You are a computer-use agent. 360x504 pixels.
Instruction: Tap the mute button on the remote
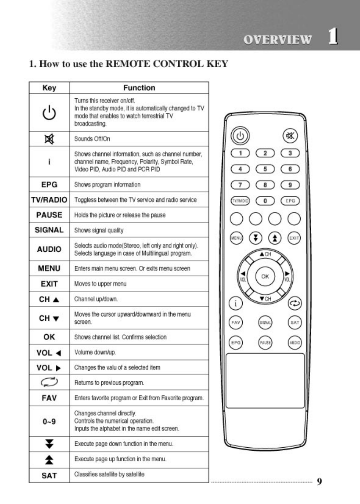tap(290, 136)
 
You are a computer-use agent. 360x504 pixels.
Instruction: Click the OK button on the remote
tap(265, 276)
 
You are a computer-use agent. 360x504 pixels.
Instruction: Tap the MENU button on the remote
tap(235, 238)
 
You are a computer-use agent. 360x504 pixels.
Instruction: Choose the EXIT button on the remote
tap(294, 238)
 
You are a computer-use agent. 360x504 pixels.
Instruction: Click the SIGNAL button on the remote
tap(265, 322)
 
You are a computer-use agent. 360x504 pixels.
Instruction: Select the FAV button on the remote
tap(235, 322)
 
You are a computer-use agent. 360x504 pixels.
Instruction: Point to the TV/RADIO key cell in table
tap(49, 200)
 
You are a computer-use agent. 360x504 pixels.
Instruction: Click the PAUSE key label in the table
tap(49, 215)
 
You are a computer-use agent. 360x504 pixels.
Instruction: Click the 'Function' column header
tap(139, 88)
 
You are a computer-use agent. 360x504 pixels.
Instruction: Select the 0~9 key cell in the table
tap(49, 421)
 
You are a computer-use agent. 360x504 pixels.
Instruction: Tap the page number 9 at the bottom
tap(319, 481)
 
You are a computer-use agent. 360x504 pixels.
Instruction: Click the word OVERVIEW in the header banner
tap(278, 39)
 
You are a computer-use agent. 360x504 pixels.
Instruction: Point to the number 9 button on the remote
tap(290, 185)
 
